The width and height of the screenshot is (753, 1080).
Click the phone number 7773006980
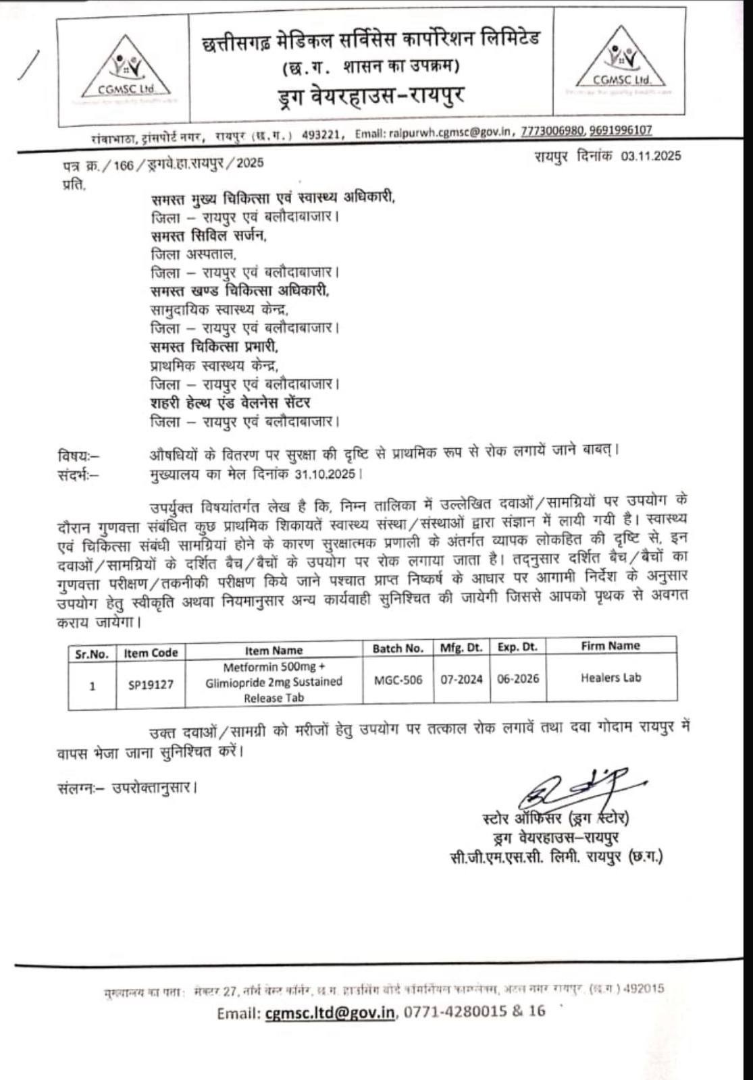552,131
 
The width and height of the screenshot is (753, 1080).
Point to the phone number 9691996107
621,130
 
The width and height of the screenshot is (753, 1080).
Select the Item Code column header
151,653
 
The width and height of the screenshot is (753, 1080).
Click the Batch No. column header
398,649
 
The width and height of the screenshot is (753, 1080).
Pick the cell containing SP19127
151,684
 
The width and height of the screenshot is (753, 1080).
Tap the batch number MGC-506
398,680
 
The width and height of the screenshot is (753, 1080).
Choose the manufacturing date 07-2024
462,679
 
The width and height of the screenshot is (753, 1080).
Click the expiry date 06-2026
518,678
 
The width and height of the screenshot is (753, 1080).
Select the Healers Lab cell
611,677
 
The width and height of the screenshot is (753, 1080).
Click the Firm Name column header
611,646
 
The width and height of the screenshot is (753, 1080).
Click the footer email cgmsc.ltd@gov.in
330,1013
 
